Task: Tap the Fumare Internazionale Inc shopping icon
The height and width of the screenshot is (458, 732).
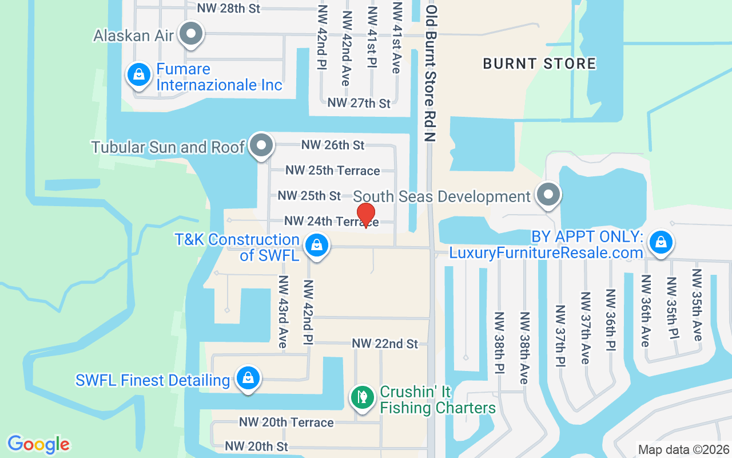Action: pyautogui.click(x=138, y=75)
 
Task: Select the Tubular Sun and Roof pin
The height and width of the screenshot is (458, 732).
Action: pyautogui.click(x=262, y=145)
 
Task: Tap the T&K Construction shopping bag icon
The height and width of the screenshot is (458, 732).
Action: pyautogui.click(x=316, y=246)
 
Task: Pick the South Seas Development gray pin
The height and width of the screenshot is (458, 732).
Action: pyautogui.click(x=548, y=195)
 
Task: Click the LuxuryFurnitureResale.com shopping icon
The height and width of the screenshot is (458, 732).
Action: pyautogui.click(x=661, y=242)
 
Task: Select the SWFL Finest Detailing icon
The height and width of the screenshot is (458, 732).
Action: pyautogui.click(x=248, y=378)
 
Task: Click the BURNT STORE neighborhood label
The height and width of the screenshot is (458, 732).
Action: pyautogui.click(x=539, y=64)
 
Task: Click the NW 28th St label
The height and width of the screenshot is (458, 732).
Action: pyautogui.click(x=228, y=8)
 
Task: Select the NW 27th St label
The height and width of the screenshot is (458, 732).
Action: pyautogui.click(x=359, y=103)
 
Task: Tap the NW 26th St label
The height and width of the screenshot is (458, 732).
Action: pyautogui.click(x=333, y=145)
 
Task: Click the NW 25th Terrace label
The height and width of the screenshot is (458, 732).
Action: pyautogui.click(x=332, y=171)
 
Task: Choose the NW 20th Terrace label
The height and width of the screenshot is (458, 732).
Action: pyautogui.click(x=286, y=423)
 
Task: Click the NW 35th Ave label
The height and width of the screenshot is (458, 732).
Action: pyautogui.click(x=696, y=305)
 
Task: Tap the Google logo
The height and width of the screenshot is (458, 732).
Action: pyautogui.click(x=38, y=444)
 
